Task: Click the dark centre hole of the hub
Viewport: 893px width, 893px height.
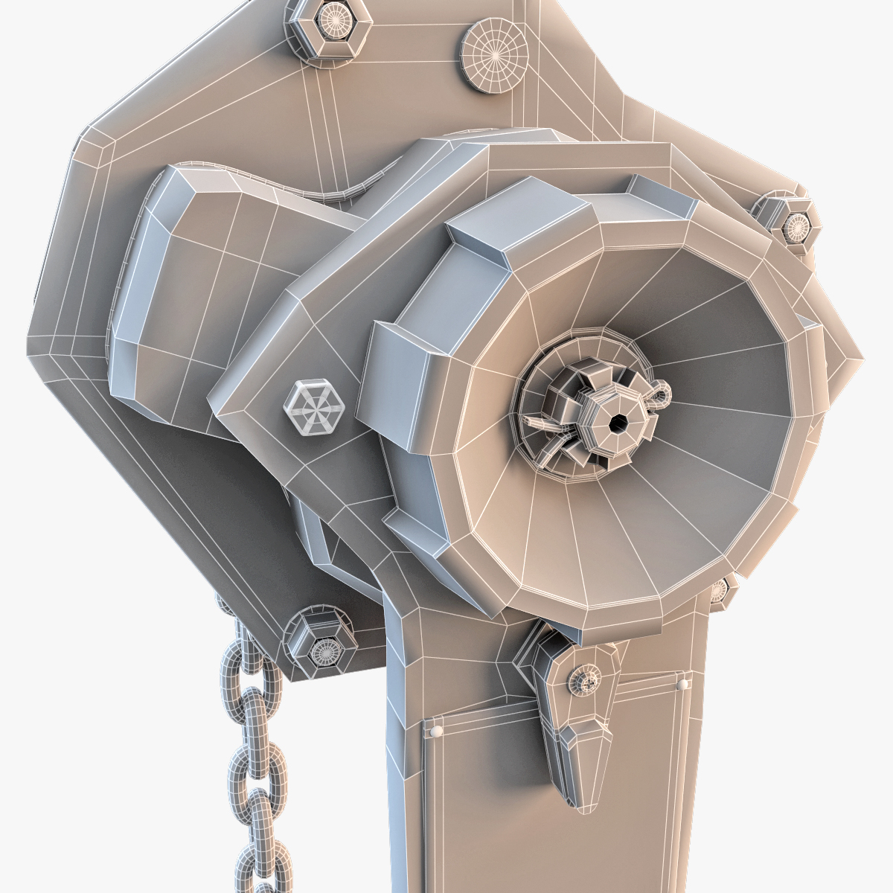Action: [x=616, y=423]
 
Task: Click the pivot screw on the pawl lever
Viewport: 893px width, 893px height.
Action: [x=583, y=679]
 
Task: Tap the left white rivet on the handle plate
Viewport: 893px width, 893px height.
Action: [x=436, y=732]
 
